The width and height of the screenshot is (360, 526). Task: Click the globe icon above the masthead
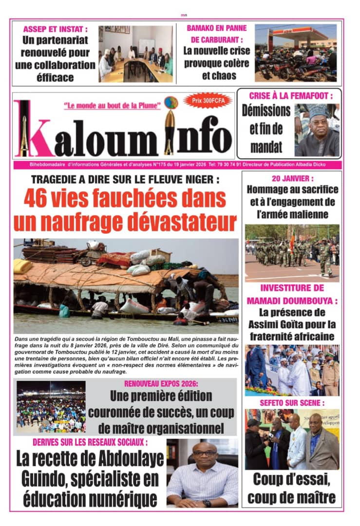pos(171,103)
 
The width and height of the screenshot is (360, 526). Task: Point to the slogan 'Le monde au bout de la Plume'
pos(113,105)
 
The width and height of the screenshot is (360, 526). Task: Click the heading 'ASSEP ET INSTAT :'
pos(56,29)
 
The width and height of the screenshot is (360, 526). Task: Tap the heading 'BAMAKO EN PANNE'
pos(216,28)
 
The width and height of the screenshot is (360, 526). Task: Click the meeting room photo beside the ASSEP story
pos(135,53)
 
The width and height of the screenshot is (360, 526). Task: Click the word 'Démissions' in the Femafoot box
pos(266,111)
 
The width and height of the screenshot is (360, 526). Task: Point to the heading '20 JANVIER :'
pos(292,179)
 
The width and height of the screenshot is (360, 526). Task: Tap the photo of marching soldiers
pos(292,253)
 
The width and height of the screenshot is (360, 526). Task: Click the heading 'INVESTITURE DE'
pos(292,288)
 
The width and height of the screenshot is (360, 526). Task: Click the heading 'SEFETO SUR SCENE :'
pos(292,403)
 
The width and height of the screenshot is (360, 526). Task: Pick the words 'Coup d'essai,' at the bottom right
pos(291,480)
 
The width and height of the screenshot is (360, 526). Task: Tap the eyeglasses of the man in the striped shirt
pos(204,453)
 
